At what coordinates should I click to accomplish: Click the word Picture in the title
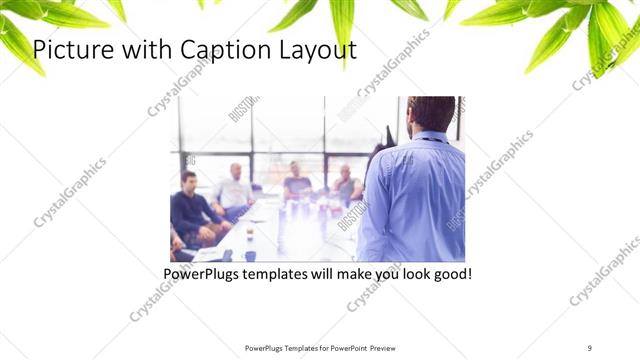75,50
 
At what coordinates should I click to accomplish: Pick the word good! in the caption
448,272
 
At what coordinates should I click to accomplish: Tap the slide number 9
589,348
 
